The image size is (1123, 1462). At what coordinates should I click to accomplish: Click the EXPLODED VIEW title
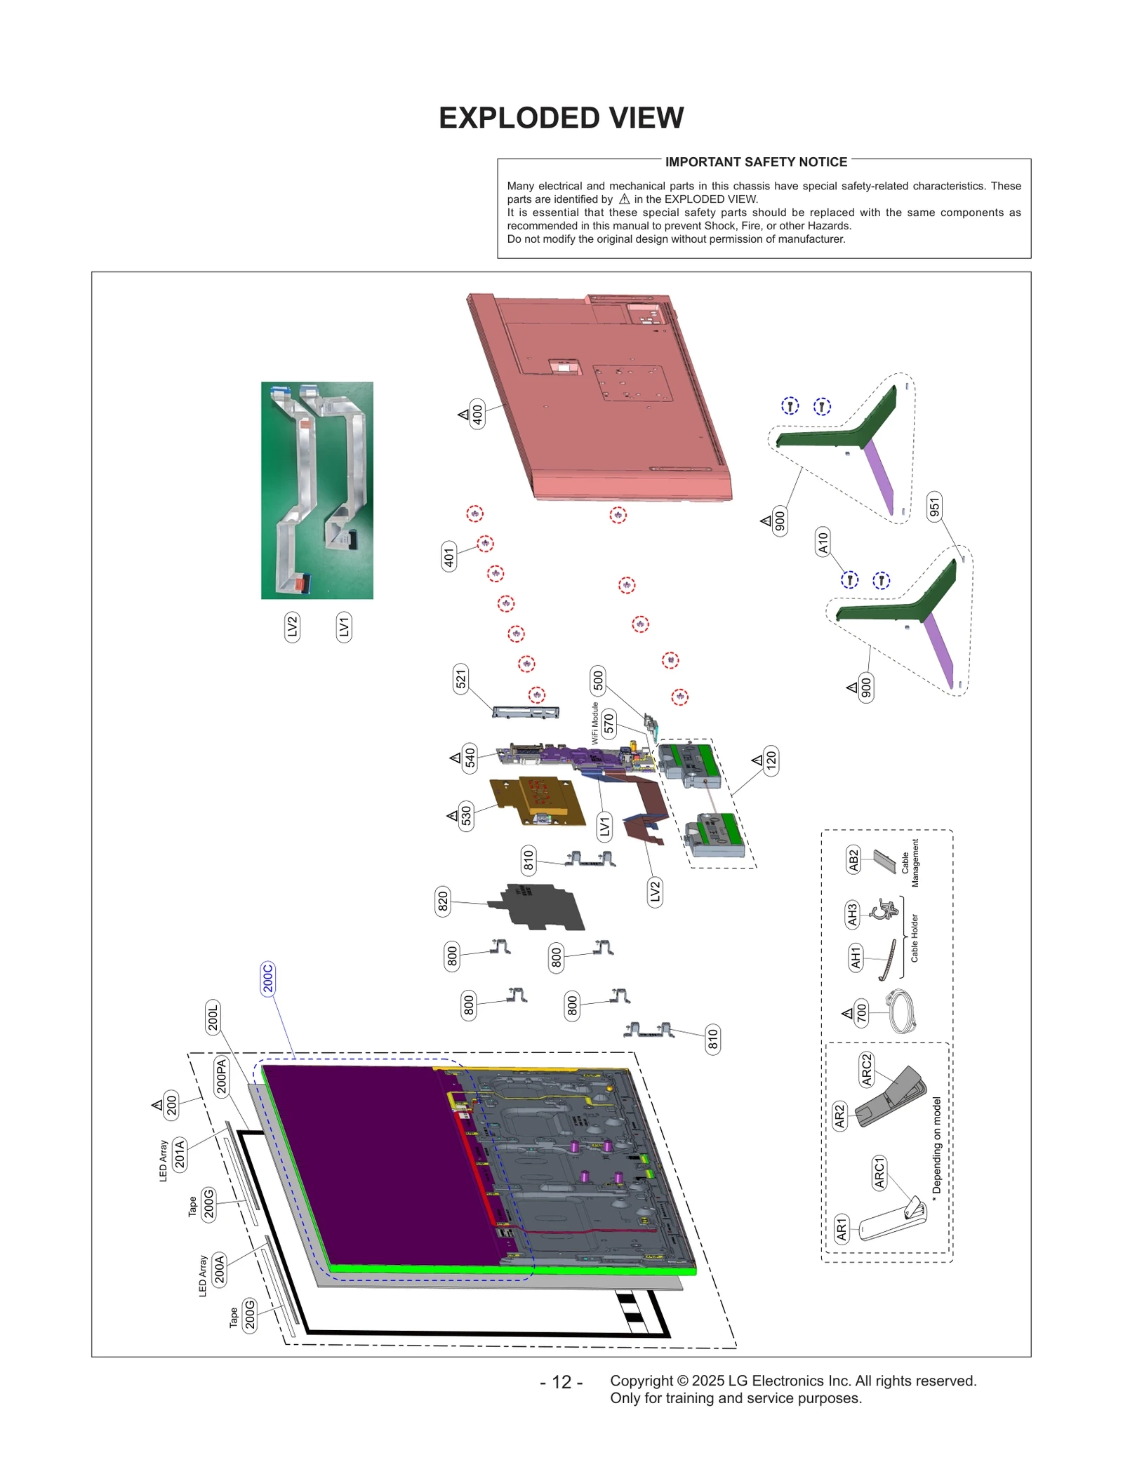click(x=561, y=118)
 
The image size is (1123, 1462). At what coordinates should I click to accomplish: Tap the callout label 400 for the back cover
click(x=477, y=415)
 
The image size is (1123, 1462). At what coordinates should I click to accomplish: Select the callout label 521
click(x=460, y=679)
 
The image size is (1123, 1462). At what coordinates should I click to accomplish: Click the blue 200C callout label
click(x=267, y=978)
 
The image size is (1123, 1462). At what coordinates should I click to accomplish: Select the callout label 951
click(x=933, y=507)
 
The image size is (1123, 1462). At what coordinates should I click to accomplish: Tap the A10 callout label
click(x=823, y=542)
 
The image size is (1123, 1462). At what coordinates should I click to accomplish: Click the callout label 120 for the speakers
click(x=771, y=760)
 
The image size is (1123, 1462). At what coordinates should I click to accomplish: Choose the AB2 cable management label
click(x=853, y=860)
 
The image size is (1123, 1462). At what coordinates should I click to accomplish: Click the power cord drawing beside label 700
click(x=902, y=1011)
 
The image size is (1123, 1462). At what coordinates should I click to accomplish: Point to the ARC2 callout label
click(x=866, y=1069)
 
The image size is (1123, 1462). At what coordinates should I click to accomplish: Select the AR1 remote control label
click(x=842, y=1228)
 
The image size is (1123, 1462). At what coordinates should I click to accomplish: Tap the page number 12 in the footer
click(x=561, y=1382)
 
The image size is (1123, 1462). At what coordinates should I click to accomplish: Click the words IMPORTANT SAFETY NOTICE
click(x=756, y=162)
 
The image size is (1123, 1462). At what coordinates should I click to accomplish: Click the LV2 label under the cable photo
click(x=292, y=626)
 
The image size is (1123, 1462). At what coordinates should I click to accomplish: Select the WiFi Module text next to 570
click(x=594, y=723)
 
